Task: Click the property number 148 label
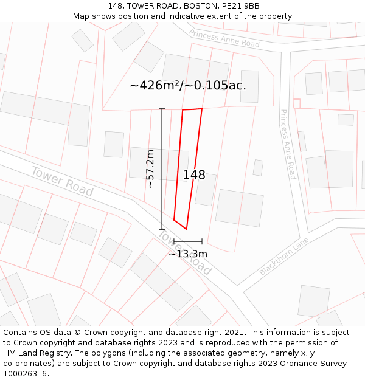(x=194, y=175)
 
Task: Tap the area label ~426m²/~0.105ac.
(x=188, y=85)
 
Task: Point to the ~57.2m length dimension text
(x=150, y=168)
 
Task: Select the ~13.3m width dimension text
(x=188, y=254)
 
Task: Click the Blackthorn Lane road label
(x=284, y=257)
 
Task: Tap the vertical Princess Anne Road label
(x=288, y=144)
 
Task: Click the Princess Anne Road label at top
(x=224, y=38)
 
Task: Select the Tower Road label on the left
(x=62, y=181)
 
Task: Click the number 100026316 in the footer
(x=25, y=374)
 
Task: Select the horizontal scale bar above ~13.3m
(x=188, y=241)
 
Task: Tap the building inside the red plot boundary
(x=204, y=190)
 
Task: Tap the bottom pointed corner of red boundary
(x=186, y=229)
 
